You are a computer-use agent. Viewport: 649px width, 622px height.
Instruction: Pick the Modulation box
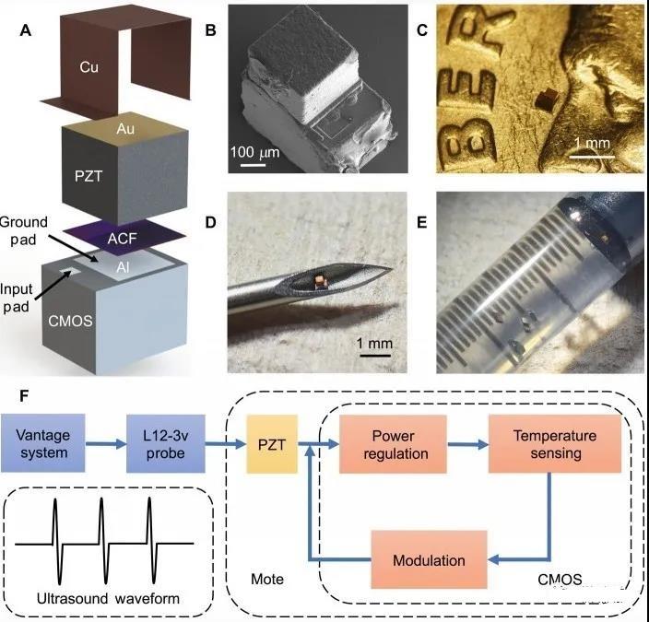click(x=428, y=559)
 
